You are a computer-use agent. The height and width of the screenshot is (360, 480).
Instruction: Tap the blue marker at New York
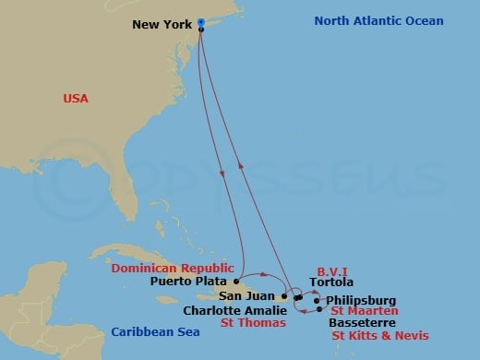(200, 22)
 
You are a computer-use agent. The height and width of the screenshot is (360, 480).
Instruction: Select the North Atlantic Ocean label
(378, 21)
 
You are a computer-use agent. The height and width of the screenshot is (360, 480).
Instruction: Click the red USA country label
(76, 98)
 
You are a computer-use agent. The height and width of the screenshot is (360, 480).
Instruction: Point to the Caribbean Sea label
(152, 332)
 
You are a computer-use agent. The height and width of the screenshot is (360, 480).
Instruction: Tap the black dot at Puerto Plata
(236, 281)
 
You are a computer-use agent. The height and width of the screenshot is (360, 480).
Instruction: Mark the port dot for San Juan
(284, 296)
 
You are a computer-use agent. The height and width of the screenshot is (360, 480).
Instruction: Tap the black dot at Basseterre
(319, 310)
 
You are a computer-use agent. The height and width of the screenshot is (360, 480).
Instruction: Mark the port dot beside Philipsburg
(316, 301)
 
